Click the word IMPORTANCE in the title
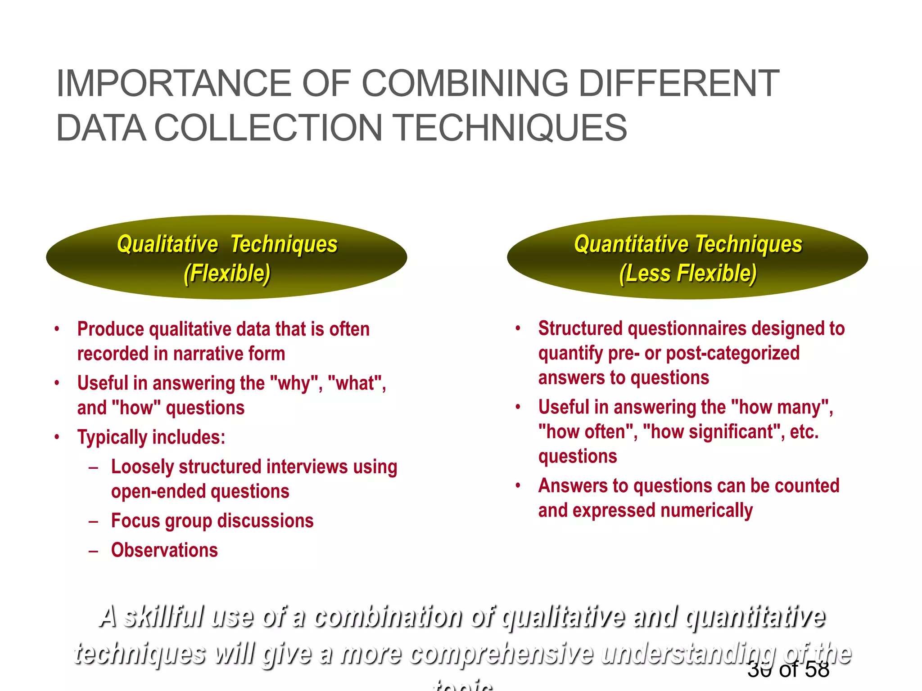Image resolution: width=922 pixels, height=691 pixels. (173, 84)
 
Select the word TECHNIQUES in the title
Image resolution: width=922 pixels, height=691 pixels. (511, 128)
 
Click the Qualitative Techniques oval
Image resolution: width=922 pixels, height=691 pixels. (226, 257)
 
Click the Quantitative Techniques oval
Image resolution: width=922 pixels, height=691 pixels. (687, 257)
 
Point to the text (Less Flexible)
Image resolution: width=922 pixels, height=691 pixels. (687, 273)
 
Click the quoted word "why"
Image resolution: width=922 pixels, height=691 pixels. (294, 383)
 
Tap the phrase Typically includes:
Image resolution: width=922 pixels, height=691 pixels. (151, 437)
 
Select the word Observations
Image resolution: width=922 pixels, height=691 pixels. (164, 550)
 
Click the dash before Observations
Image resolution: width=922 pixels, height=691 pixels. (94, 551)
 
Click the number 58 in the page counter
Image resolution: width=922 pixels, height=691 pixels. (817, 670)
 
